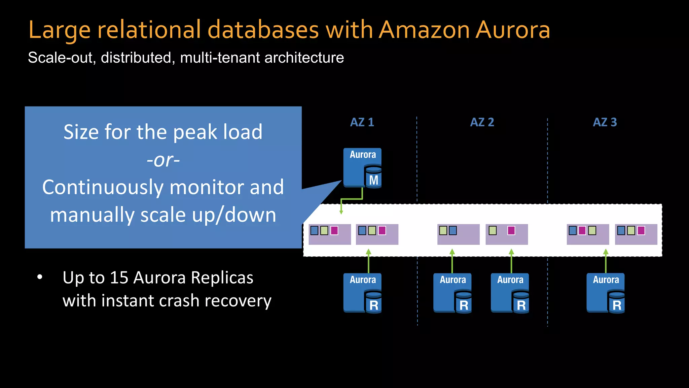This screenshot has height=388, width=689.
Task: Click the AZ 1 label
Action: [362, 122]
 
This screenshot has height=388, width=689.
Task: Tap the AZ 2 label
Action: [482, 122]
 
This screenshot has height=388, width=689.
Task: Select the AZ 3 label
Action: [605, 122]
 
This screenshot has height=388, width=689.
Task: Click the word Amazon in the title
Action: [425, 30]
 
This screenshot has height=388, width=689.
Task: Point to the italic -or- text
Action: [163, 160]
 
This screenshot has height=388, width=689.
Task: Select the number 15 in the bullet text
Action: [119, 278]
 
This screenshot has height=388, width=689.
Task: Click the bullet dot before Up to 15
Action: [40, 277]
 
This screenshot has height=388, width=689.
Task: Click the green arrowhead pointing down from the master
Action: [341, 212]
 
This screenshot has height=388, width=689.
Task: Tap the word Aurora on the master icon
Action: [363, 155]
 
